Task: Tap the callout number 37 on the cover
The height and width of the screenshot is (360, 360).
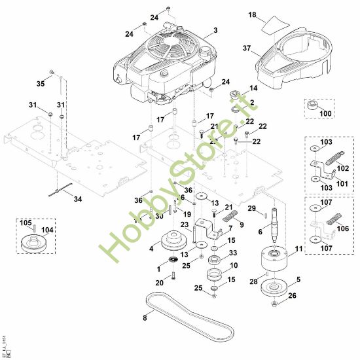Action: point(247,47)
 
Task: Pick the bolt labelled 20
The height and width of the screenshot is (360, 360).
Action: point(175,275)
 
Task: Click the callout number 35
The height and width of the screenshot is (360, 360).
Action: point(41,84)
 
